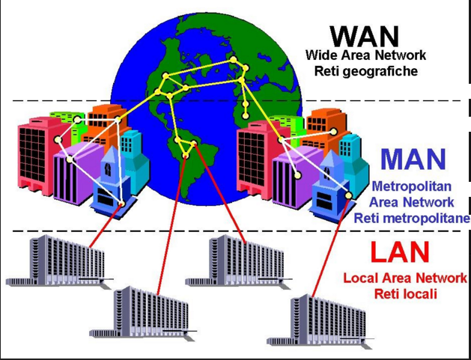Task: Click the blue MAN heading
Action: point(413,159)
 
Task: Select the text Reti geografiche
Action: point(366,72)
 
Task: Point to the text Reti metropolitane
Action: point(412,219)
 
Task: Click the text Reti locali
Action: point(405,293)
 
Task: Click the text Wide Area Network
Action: point(366,55)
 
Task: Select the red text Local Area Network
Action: point(405,278)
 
